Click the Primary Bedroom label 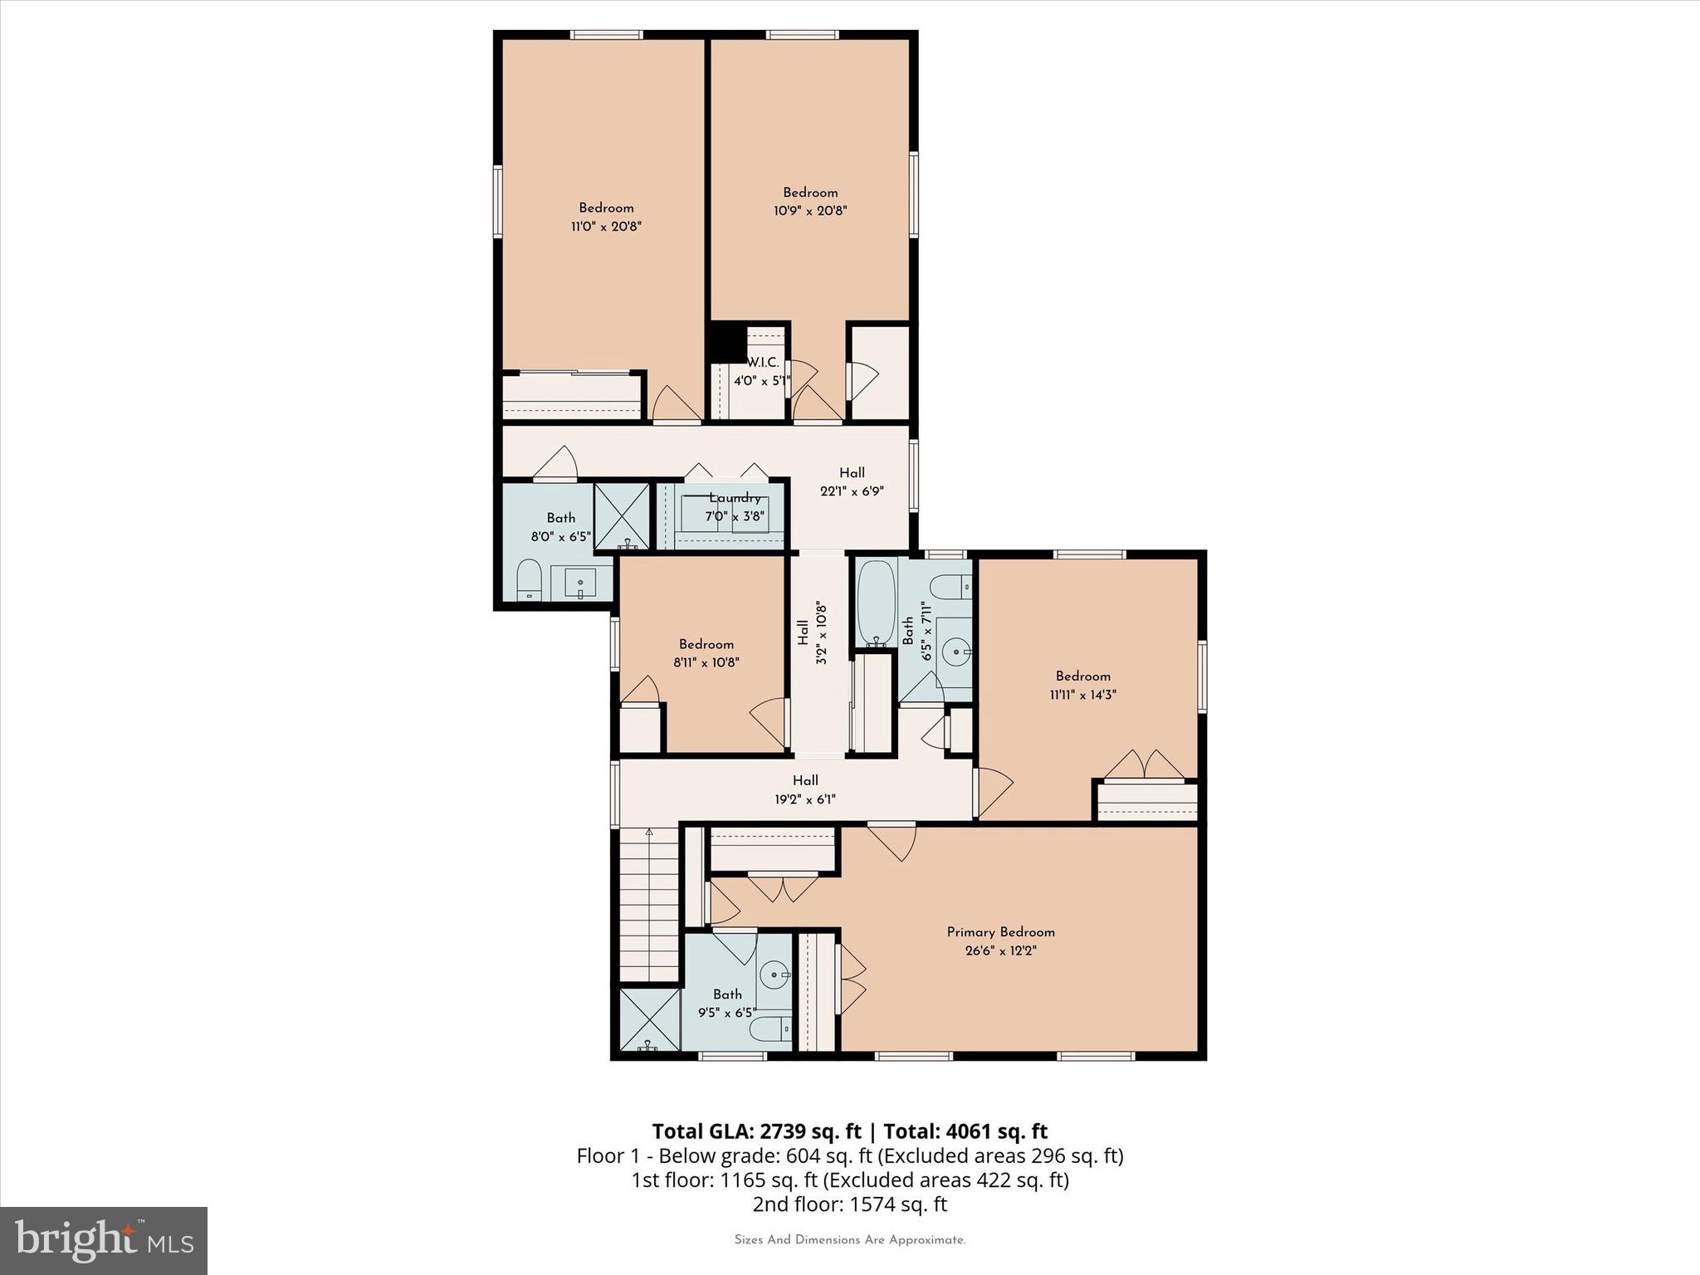[1000, 932]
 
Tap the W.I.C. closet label [762, 363]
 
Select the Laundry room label [735, 498]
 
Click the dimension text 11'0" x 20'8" [606, 226]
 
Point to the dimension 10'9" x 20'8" [810, 211]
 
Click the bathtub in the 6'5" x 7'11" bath [875, 603]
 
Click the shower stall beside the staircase [648, 1019]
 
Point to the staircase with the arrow [649, 905]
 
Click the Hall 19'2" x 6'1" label [804, 789]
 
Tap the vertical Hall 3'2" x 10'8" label [812, 633]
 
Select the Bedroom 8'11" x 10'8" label [706, 653]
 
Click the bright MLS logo [104, 1240]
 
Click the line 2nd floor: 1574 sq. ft [849, 1204]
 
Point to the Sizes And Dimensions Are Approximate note [849, 1240]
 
